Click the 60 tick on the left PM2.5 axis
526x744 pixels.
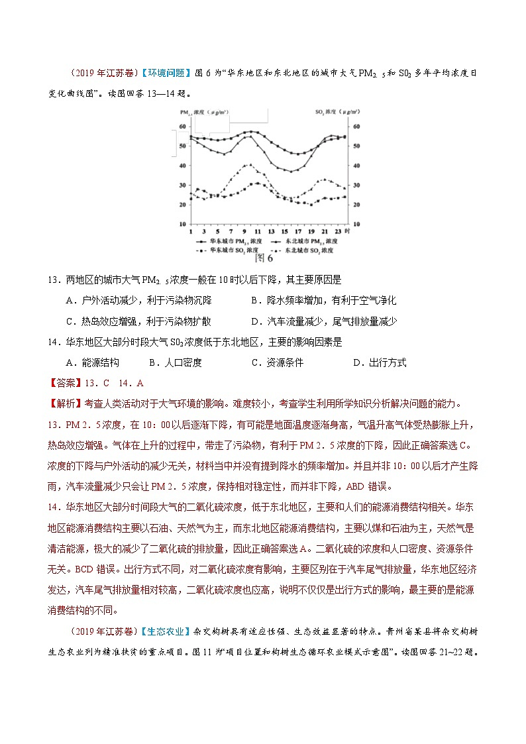(183, 127)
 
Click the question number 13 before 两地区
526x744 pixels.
(54, 280)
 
